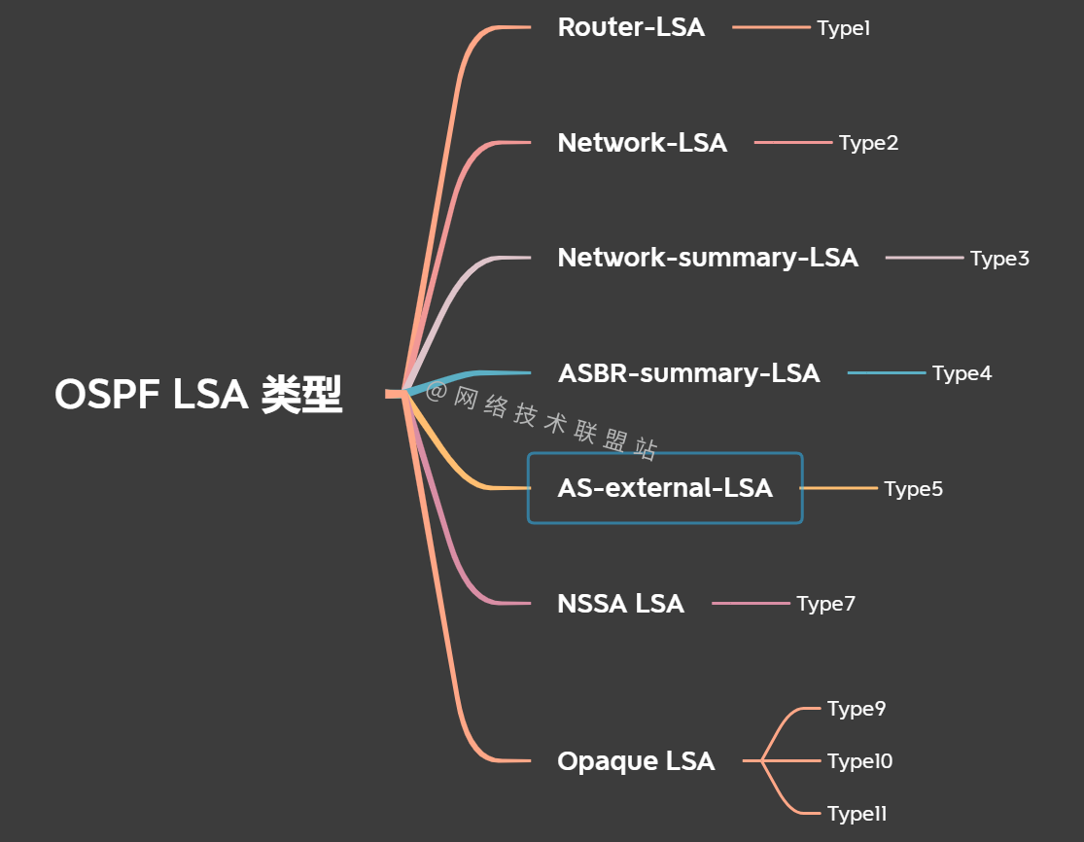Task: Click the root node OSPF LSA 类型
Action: coord(198,395)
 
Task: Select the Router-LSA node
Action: coord(631,27)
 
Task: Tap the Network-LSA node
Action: coord(642,143)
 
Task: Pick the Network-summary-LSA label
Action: coord(708,258)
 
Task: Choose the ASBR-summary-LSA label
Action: coord(688,373)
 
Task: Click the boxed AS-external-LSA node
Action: coord(665,488)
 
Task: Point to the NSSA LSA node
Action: coord(620,604)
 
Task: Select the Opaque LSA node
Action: coord(636,761)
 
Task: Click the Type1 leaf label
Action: coord(843,28)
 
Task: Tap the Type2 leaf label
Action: coord(868,144)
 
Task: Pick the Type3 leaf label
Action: coord(999,259)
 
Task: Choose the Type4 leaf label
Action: coord(962,373)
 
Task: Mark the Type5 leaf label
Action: coord(913,489)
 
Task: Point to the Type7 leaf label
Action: coord(825,604)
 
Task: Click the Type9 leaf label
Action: coord(857,709)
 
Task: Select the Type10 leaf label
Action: coord(859,761)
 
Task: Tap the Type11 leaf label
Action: coord(857,814)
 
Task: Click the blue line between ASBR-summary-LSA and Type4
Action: coord(887,373)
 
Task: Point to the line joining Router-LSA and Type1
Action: coord(771,27)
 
